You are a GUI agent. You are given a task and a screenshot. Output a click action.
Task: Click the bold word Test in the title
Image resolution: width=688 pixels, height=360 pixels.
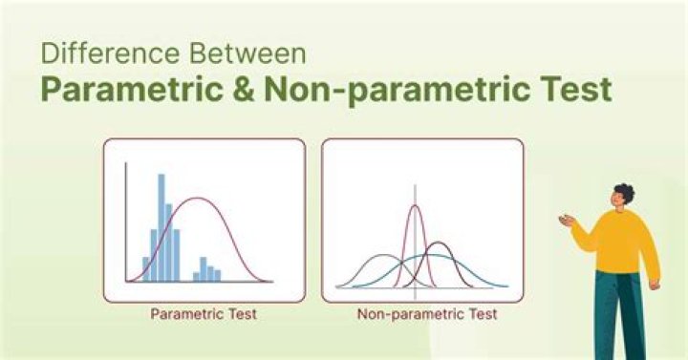tap(565, 91)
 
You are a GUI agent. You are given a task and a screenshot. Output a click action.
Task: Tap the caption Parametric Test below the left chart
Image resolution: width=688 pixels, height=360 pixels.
tap(203, 312)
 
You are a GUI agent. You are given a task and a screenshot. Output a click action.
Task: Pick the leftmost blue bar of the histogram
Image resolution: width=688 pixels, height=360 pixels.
tap(146, 268)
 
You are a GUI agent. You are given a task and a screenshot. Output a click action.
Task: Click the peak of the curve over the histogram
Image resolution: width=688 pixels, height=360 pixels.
tap(198, 199)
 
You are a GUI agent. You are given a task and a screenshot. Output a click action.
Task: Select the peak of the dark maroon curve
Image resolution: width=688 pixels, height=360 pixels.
tap(438, 244)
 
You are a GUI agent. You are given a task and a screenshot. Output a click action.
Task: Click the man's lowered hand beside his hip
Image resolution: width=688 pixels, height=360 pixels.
tap(655, 284)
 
